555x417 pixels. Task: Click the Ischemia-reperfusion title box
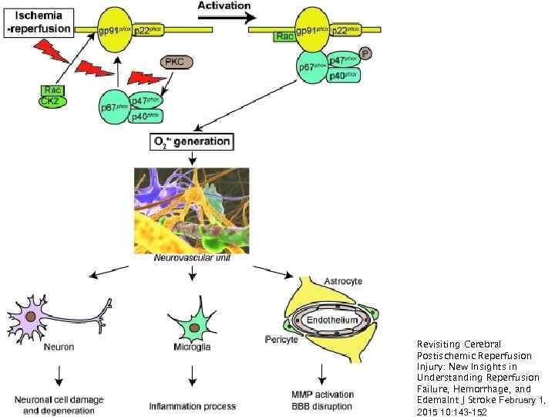click(41, 22)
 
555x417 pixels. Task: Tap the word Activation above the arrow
click(224, 5)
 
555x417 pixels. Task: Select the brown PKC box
click(176, 62)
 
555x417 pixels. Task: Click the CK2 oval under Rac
click(51, 101)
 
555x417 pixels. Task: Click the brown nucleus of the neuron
click(30, 317)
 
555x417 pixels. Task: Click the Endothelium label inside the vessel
click(332, 319)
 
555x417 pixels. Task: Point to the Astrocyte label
click(343, 281)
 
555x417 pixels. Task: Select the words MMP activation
click(323, 395)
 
